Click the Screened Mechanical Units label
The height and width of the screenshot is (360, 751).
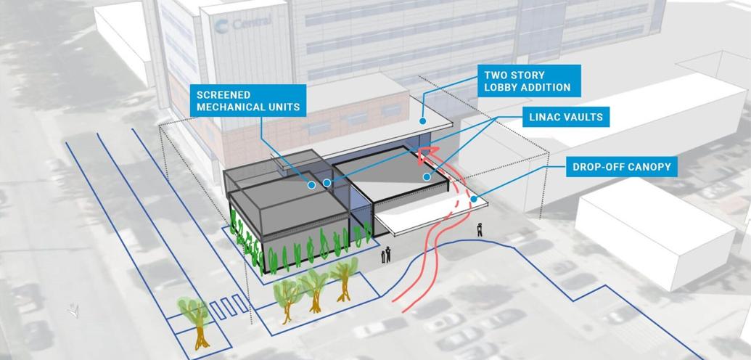[248, 101]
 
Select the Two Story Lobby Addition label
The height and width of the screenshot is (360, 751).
[529, 81]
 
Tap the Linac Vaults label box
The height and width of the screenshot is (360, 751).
[566, 116]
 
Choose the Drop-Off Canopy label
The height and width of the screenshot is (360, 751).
[622, 167]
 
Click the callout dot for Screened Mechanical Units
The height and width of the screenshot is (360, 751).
[311, 184]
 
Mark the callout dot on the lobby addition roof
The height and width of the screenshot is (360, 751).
[423, 121]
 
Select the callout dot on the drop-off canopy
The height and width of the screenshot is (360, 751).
[474, 199]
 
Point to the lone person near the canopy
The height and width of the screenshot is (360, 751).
[480, 229]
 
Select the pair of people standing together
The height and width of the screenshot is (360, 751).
[385, 255]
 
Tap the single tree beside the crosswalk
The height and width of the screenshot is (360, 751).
[197, 322]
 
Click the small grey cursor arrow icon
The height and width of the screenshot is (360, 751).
[73, 311]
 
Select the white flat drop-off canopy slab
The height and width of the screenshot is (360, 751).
[431, 216]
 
